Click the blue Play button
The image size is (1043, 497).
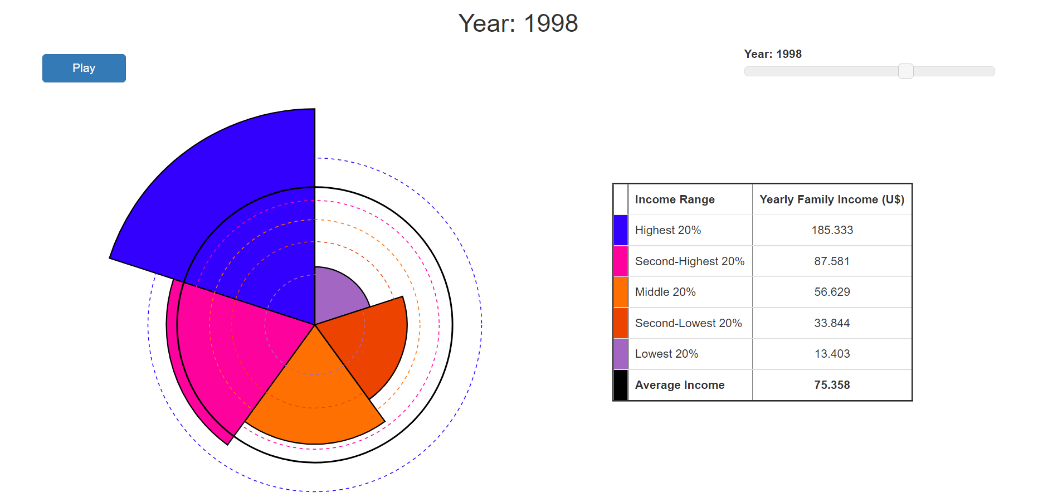84,68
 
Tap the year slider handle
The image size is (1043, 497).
905,71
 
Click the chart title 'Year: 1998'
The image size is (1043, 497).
518,23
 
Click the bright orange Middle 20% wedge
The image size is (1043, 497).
315,401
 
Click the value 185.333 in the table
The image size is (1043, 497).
832,230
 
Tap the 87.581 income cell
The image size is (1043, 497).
832,261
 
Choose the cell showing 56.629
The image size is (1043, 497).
832,292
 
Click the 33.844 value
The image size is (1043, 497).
832,323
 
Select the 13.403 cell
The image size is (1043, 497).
832,354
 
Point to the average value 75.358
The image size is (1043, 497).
832,385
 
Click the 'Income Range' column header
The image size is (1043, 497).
675,199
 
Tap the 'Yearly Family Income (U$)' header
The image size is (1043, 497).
832,199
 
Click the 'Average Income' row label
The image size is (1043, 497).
680,385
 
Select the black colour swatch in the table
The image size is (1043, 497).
621,385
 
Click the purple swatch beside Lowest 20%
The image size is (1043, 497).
621,354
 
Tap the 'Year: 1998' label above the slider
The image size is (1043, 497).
773,54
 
